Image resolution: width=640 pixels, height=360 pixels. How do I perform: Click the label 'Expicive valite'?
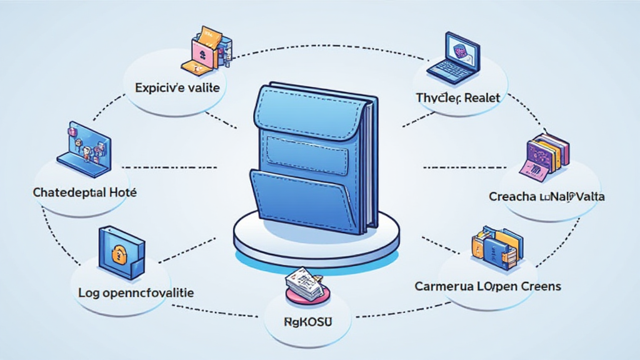[177, 88]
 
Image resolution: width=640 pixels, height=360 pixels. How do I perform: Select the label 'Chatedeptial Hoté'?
[84, 193]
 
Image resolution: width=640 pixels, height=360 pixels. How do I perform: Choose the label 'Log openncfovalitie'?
[136, 292]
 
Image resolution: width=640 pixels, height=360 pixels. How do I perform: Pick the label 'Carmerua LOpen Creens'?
[488, 286]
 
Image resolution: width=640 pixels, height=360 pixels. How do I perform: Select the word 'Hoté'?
[122, 193]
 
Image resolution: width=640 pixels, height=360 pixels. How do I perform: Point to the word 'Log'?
[88, 292]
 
